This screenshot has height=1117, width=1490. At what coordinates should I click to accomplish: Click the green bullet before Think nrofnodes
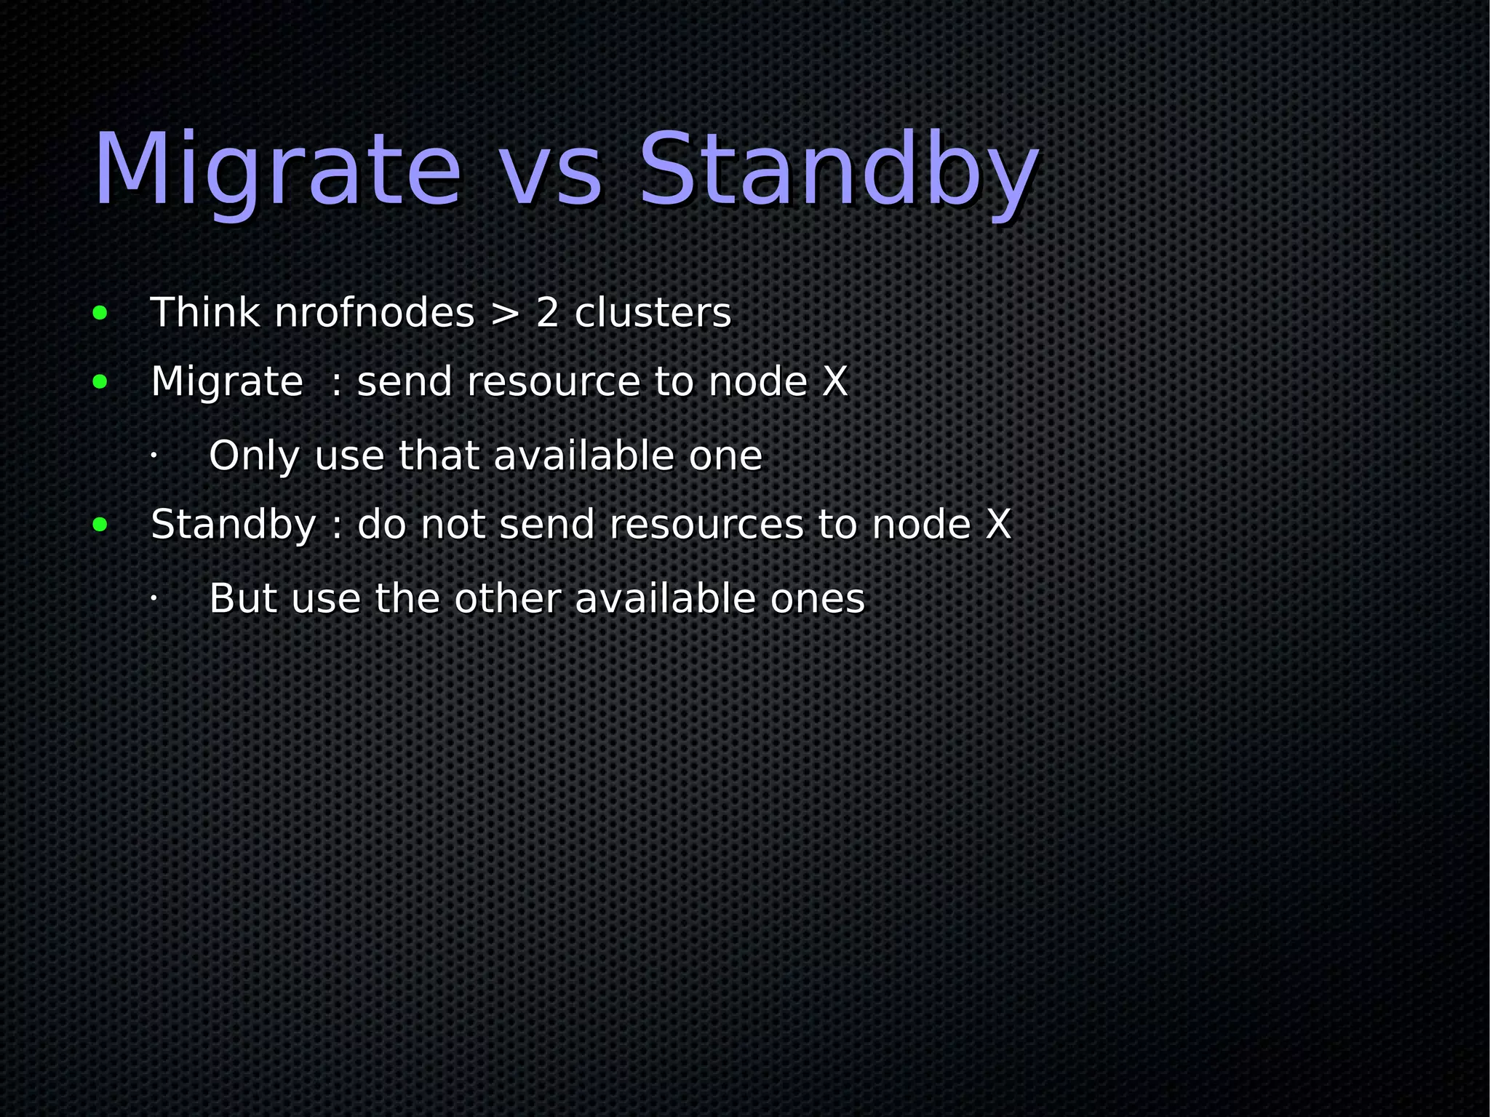point(100,314)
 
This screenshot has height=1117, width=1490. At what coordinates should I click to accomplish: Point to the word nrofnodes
point(374,314)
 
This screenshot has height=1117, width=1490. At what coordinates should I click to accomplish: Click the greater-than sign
point(505,314)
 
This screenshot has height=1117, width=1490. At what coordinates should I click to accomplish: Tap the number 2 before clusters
point(547,314)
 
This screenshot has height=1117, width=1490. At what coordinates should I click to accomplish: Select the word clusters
point(653,314)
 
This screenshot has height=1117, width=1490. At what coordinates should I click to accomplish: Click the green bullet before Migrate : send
point(100,382)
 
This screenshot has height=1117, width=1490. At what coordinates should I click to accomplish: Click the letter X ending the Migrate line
point(834,382)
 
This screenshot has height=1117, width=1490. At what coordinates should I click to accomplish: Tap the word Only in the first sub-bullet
point(253,457)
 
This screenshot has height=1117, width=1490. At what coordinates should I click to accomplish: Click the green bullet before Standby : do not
point(100,525)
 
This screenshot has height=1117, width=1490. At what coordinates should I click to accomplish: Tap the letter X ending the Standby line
point(997,525)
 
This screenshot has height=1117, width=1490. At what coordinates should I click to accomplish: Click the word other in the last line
point(507,599)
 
